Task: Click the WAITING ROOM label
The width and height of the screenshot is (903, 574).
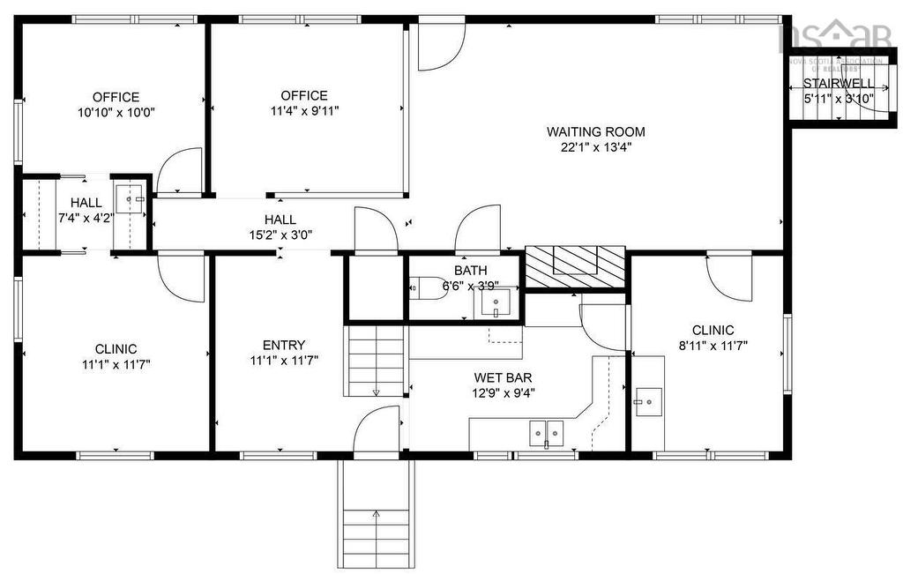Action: tap(596, 132)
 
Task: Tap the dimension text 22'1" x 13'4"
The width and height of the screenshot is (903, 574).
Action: tap(596, 147)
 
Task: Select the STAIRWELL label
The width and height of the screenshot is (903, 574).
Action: tap(838, 84)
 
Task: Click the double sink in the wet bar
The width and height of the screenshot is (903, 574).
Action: tap(546, 433)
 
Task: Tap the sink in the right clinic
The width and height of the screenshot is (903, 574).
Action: tap(648, 402)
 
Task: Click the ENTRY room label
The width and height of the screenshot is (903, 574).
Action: tap(284, 345)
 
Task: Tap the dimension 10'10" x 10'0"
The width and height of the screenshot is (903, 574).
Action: tap(116, 113)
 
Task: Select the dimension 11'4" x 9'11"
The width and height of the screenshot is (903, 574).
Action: tap(303, 111)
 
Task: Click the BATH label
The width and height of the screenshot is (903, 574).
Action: tap(471, 270)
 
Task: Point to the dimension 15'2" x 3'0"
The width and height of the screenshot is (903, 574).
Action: tap(280, 235)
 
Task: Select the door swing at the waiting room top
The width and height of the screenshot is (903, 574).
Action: tap(440, 47)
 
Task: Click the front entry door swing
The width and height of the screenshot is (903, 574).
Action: tap(377, 431)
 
